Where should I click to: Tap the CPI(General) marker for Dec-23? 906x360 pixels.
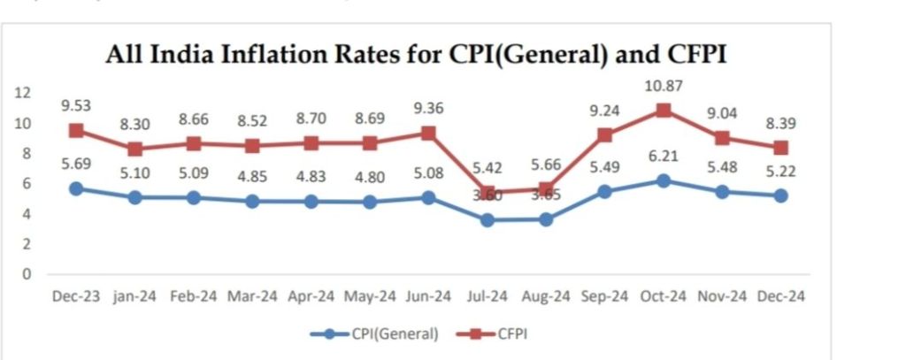[x=77, y=188]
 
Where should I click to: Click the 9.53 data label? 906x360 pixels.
[x=78, y=105]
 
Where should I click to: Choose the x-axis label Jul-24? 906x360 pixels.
[x=486, y=297]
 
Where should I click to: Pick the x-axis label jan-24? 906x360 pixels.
[x=135, y=297]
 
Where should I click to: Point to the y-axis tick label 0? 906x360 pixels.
[x=27, y=273]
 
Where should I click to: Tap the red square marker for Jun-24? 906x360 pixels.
[x=427, y=134]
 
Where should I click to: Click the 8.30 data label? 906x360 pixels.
[x=135, y=125]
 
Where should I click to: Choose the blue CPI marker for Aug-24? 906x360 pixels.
[x=546, y=218]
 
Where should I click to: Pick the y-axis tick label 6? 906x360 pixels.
[x=27, y=183]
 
